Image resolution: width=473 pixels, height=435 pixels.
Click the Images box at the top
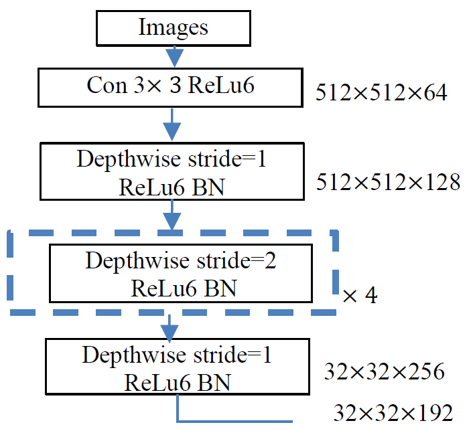174,28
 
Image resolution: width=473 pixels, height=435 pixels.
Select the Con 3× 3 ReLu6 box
171,86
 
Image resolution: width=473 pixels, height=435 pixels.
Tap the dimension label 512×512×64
381,93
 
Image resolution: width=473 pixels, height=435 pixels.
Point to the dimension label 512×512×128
388,181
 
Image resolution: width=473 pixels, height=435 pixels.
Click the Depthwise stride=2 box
181,273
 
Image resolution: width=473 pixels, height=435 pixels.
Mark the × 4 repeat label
359,295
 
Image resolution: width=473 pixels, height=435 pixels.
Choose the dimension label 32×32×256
384,371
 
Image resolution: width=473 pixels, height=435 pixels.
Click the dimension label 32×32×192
393,413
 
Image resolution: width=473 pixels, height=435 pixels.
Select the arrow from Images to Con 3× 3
174,55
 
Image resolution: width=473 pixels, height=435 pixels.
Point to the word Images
174,28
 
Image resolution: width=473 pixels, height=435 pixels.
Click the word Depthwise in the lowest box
125,355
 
